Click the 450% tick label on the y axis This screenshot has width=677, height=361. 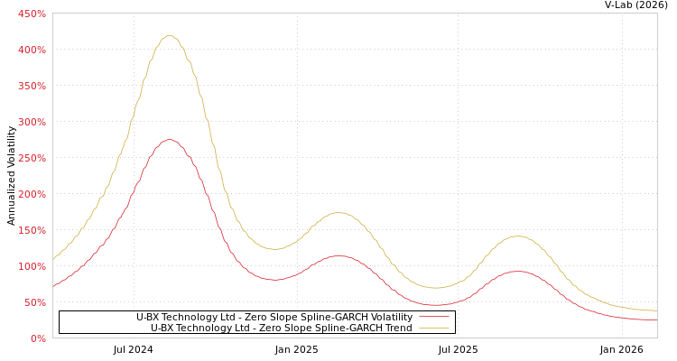click(32, 14)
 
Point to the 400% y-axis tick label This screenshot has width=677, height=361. click(32, 50)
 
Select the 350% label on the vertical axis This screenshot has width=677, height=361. click(32, 86)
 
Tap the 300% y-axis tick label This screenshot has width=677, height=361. click(32, 122)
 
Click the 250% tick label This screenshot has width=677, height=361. click(32, 158)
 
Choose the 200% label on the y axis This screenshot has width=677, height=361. click(32, 194)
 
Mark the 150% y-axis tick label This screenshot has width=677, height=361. click(32, 230)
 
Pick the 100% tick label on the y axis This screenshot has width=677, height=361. click(32, 266)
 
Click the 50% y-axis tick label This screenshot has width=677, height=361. click(34, 302)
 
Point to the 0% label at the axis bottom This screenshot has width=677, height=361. click(38, 338)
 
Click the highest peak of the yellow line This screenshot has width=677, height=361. click(169, 36)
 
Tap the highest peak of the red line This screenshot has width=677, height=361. click(169, 140)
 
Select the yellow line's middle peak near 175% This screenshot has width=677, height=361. click(338, 213)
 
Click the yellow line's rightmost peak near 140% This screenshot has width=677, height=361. click(517, 236)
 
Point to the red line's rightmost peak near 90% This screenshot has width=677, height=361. click(517, 271)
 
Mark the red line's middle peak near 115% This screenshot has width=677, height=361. click(338, 255)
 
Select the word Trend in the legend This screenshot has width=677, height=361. click(398, 328)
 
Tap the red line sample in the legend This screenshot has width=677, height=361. click(433, 317)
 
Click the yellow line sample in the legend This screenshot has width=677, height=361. click(433, 328)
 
